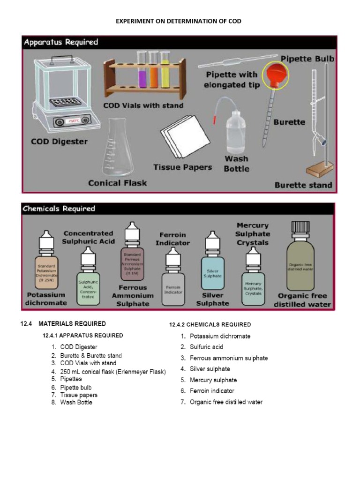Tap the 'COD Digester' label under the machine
[x=59, y=141]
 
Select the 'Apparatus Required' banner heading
[x=61, y=42]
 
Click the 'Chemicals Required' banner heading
[x=59, y=209]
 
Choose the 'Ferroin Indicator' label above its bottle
[x=172, y=239]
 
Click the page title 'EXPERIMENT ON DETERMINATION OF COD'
[x=180, y=22]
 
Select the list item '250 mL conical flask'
[x=112, y=372]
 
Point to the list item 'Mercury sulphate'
[x=213, y=380]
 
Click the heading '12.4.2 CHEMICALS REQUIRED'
[x=210, y=324]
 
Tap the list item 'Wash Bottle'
[x=76, y=402]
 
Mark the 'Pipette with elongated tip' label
[x=231, y=80]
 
